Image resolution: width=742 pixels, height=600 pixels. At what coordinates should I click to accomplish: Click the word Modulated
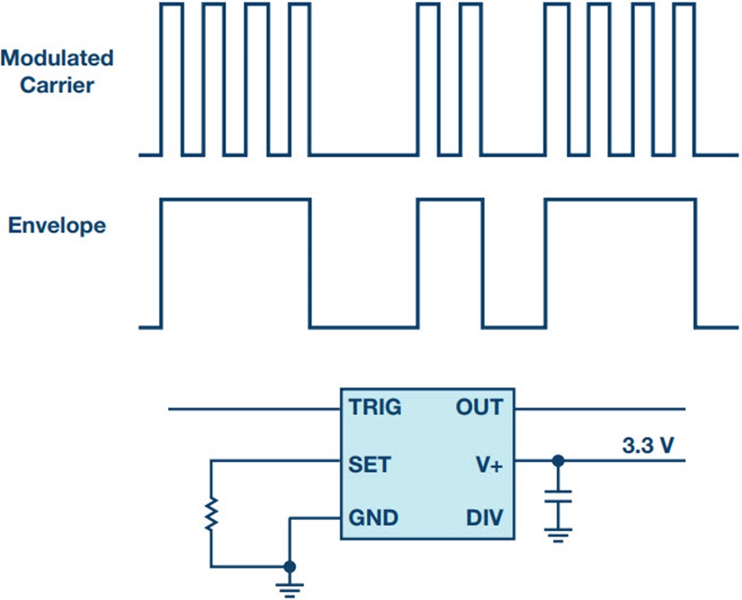pos(57,59)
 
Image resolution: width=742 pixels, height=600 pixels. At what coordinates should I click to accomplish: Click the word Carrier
pos(57,85)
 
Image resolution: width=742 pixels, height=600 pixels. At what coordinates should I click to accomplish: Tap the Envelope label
pos(57,226)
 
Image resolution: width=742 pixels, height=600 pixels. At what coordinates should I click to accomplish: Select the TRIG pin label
pos(375,407)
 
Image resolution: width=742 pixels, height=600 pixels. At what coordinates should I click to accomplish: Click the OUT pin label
pos(479,407)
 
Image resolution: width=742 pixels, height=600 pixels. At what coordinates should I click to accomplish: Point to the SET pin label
pos(369,465)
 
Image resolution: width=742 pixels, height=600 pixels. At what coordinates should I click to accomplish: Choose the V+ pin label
pos(489,465)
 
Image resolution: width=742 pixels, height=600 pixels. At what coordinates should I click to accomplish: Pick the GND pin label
pos(373,517)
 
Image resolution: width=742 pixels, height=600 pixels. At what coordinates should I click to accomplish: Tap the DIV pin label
pos(485,517)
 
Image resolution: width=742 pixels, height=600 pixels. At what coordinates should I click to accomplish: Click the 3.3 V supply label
pos(648,446)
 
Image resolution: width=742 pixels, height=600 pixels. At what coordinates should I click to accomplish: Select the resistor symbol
pos(211,513)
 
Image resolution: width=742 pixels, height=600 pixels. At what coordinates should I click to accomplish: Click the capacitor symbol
pos(558,496)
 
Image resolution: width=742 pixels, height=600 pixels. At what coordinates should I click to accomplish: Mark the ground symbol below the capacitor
pos(558,535)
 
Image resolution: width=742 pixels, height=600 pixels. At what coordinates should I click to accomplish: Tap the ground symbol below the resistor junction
pos(289,590)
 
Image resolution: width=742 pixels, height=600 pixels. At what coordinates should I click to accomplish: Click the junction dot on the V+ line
pos(558,461)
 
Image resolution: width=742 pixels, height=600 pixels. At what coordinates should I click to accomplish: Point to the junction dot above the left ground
pos(289,566)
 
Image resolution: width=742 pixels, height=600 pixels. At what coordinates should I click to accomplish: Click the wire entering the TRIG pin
pos(255,409)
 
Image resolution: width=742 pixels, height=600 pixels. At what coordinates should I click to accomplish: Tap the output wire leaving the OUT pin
pos(600,409)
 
